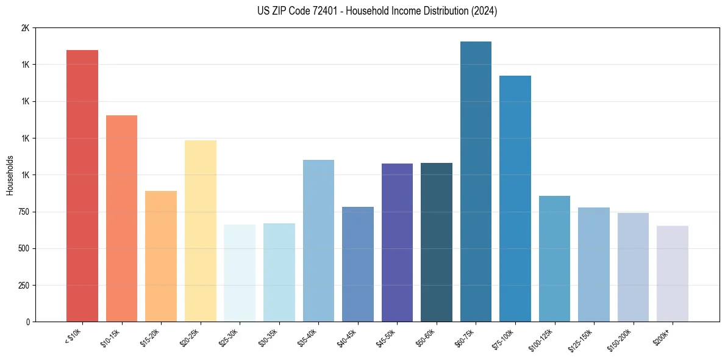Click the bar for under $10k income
(82, 185)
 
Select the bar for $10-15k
(121, 218)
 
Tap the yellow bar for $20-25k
(201, 231)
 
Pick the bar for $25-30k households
(240, 273)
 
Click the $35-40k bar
(318, 240)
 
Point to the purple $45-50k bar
(397, 242)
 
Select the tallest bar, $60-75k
(476, 181)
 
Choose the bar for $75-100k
(515, 198)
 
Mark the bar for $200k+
(673, 273)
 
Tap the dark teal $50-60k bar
(437, 242)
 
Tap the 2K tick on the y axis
(25, 28)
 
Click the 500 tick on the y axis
(23, 248)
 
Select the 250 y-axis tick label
(23, 285)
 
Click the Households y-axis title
(10, 175)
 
